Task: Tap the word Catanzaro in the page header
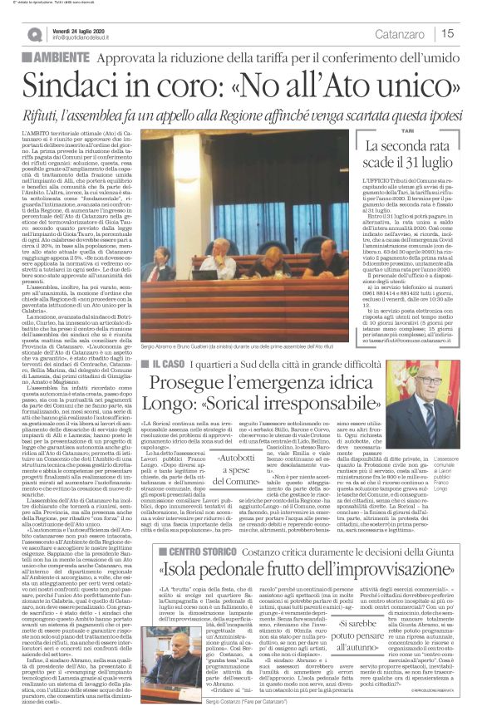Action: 400,33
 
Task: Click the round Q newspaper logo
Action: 35,34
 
